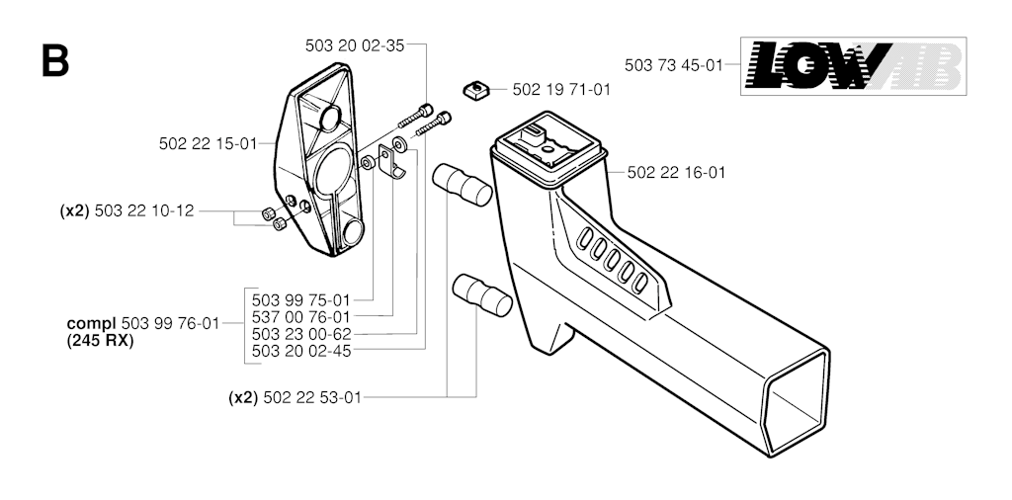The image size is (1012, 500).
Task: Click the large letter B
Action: (x=55, y=61)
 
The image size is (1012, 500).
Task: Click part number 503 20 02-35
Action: (x=355, y=45)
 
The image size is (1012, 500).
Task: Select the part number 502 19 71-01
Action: (x=561, y=90)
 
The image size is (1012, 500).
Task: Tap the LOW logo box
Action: (x=853, y=66)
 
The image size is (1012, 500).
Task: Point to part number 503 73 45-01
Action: (x=674, y=65)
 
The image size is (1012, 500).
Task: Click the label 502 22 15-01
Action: (x=208, y=144)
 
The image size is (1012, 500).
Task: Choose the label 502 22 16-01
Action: (x=676, y=172)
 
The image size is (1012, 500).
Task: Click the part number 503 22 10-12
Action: (x=144, y=210)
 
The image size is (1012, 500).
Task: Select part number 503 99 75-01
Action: (x=300, y=300)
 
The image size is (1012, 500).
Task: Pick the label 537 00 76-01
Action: (x=300, y=317)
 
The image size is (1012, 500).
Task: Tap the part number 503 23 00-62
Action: (x=300, y=334)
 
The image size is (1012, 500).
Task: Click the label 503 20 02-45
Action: (x=300, y=351)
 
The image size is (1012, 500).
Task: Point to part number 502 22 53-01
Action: (x=312, y=397)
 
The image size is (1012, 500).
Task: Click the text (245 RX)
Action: (x=100, y=341)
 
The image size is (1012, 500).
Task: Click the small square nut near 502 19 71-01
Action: (x=475, y=89)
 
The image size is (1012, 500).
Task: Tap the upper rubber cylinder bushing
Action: (x=463, y=185)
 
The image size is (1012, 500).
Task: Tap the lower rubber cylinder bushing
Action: (x=482, y=294)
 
